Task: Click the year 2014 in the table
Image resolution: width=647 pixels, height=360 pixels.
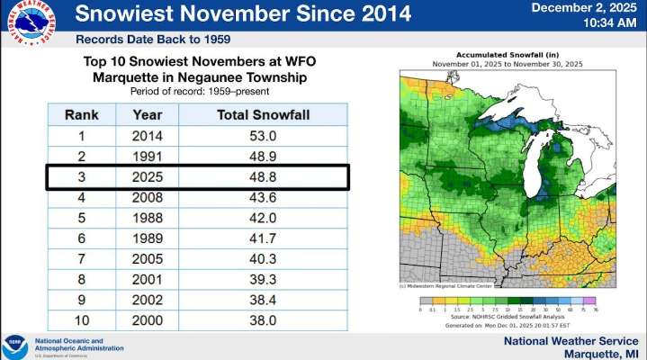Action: click(147, 136)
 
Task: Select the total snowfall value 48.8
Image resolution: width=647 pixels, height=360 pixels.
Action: click(251, 176)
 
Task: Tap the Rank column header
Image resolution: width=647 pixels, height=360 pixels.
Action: click(80, 115)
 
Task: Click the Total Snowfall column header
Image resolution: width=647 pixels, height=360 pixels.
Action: click(251, 115)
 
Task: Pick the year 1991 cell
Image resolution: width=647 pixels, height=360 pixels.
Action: click(147, 156)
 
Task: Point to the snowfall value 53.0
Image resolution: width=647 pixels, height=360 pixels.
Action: click(251, 136)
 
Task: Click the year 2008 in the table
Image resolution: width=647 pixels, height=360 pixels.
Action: click(147, 196)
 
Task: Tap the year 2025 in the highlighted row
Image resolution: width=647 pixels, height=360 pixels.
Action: click(147, 176)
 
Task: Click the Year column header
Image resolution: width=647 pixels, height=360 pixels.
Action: click(147, 115)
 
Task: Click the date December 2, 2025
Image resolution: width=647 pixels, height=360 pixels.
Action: click(585, 8)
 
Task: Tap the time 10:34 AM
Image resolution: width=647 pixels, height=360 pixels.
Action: click(604, 24)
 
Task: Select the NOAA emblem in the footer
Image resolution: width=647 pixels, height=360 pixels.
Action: click(15, 345)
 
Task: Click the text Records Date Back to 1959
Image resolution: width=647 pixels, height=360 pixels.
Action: click(152, 40)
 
